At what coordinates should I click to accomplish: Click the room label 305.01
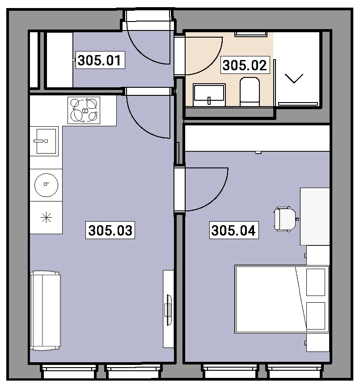100,60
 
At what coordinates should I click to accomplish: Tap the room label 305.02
245,65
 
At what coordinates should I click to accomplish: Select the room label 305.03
110,230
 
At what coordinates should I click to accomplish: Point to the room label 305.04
234,230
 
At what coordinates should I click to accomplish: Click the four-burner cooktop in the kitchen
84,111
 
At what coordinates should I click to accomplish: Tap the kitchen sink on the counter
44,141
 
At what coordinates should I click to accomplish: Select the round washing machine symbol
46,185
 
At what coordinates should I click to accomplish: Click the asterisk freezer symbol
46,218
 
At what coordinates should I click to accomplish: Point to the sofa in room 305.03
45,311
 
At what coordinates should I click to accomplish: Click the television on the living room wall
169,310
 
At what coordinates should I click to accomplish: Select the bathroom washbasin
209,95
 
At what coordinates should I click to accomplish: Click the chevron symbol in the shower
294,79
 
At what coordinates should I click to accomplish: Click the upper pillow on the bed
316,282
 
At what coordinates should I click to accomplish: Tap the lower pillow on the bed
316,316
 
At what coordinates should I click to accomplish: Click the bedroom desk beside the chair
315,216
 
